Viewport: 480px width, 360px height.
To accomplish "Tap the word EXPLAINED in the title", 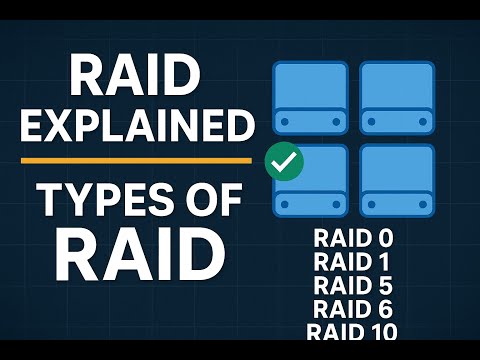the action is [136, 127].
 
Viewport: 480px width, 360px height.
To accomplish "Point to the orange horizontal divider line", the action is [136, 160].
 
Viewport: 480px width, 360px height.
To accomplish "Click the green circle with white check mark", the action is [285, 160].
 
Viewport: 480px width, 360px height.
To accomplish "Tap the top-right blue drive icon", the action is [397, 97].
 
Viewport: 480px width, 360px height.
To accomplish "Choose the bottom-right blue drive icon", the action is [397, 181].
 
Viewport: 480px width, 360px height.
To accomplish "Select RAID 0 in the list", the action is [353, 240].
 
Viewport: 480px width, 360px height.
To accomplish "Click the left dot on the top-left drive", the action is [287, 121].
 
